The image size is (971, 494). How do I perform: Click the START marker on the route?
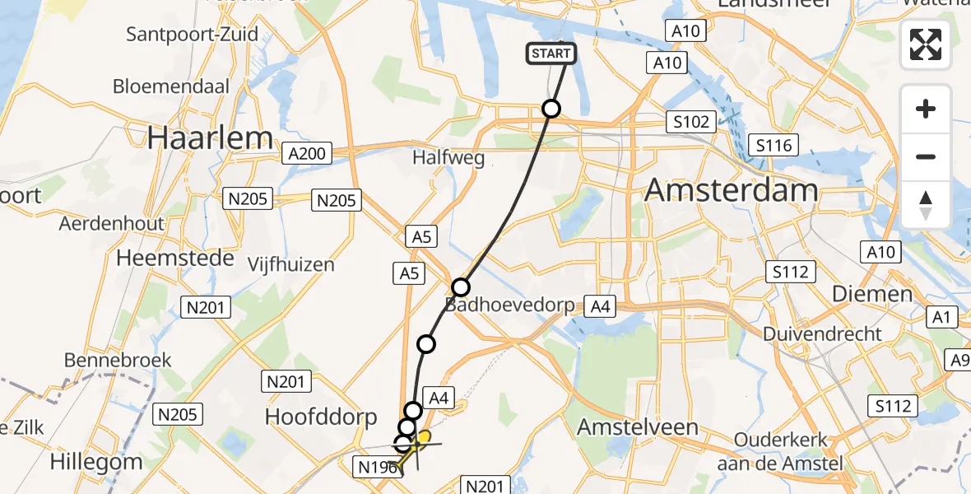551,54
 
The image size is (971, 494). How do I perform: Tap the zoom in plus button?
926,109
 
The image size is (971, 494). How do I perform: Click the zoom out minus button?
926,156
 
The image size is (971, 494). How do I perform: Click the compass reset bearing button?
926,204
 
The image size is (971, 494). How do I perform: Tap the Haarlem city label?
210,137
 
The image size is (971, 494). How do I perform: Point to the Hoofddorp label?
320,417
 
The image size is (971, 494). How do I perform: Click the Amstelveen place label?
638,426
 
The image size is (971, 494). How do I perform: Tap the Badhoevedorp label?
509,305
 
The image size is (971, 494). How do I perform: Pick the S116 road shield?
774,146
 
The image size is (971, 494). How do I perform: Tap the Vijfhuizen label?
291,264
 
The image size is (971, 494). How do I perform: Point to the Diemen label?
872,294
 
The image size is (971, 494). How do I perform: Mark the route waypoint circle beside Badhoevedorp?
461,287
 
